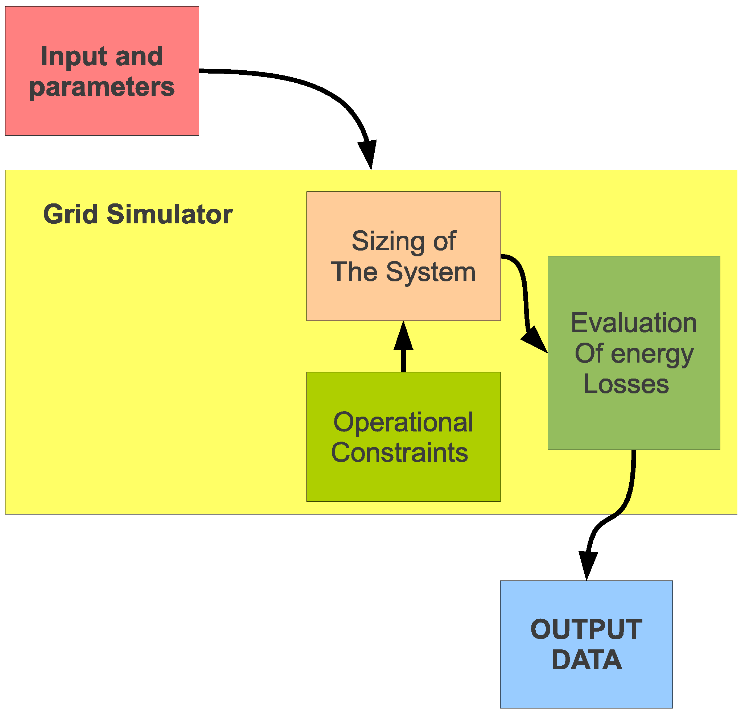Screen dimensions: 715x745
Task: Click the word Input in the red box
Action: [x=74, y=57]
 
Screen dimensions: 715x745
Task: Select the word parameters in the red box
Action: [x=102, y=87]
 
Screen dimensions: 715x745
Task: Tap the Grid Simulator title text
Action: [x=137, y=214]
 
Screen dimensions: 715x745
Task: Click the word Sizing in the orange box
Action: [x=388, y=241]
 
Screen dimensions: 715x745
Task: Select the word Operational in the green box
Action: [x=403, y=422]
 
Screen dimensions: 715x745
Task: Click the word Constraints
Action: [x=399, y=453]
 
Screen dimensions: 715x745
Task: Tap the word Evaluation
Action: [x=634, y=323]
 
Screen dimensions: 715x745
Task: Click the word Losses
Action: [x=626, y=384]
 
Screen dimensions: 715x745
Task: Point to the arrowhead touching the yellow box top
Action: [x=368, y=154]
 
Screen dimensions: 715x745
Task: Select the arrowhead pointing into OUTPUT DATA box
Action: [x=588, y=565]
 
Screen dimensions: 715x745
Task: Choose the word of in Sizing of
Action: [x=444, y=241]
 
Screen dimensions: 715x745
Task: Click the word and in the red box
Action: [x=139, y=57]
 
